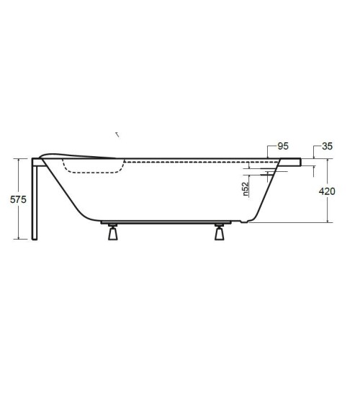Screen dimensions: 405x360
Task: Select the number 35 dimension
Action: point(328,146)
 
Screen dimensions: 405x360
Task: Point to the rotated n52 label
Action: point(246,189)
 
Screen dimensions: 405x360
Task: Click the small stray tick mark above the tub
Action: point(117,134)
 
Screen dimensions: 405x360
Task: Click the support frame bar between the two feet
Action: point(165,222)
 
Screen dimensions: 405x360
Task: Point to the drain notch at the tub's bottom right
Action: point(245,221)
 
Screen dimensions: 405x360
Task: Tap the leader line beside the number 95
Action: point(269,151)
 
